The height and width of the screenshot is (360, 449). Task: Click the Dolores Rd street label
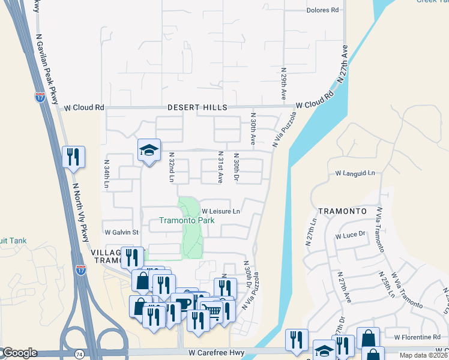(322, 10)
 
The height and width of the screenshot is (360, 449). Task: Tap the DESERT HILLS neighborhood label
(197, 107)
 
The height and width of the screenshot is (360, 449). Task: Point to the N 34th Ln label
(107, 175)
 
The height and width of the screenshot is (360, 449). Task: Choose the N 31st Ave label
(220, 167)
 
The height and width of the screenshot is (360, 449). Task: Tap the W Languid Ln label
(355, 173)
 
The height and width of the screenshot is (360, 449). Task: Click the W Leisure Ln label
(221, 211)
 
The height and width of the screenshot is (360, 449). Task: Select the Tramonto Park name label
(187, 220)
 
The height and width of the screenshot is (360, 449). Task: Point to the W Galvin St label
(121, 232)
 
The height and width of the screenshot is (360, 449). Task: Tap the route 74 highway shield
(79, 355)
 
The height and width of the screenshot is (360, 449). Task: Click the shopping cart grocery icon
(211, 310)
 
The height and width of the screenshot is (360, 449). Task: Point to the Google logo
(19, 353)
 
